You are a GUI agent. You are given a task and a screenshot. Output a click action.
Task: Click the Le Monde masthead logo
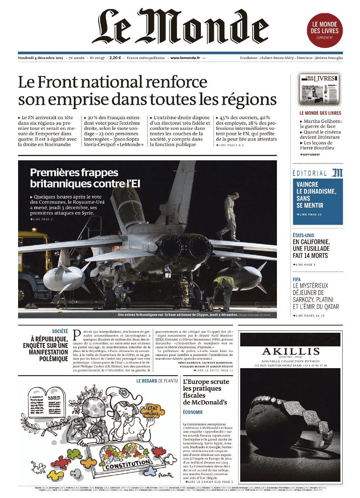(x=180, y=27)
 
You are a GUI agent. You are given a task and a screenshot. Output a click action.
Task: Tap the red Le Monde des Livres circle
(x=325, y=30)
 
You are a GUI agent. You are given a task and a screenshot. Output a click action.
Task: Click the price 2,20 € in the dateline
(x=115, y=58)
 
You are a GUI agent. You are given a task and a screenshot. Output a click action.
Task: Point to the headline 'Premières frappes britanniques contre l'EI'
(x=85, y=178)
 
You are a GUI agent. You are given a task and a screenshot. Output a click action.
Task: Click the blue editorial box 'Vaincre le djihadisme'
(x=318, y=201)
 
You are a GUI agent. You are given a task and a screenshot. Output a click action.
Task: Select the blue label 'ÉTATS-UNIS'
(x=303, y=235)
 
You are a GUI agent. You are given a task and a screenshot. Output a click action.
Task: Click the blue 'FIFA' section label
(x=296, y=280)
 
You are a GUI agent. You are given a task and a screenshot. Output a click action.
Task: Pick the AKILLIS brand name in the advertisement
(x=291, y=351)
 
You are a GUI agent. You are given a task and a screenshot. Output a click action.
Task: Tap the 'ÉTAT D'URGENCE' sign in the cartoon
(x=152, y=411)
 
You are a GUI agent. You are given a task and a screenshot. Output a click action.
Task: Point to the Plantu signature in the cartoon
(x=166, y=475)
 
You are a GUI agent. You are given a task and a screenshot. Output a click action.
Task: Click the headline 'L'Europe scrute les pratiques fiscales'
(x=205, y=392)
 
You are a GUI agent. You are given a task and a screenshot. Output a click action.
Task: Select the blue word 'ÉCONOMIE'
(x=193, y=412)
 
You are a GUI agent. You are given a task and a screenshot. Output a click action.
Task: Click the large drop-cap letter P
(x=77, y=335)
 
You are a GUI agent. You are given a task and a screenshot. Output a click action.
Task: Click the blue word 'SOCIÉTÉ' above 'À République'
(x=60, y=331)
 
